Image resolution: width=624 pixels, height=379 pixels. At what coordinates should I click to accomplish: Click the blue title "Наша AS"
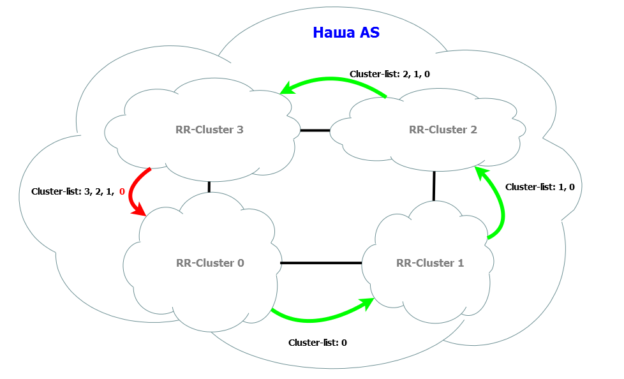click(346, 33)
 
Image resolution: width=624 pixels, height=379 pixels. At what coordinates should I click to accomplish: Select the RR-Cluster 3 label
click(209, 130)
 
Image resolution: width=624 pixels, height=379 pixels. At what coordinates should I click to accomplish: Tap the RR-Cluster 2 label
click(443, 130)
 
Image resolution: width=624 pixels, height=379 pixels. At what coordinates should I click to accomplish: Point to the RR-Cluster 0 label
click(210, 262)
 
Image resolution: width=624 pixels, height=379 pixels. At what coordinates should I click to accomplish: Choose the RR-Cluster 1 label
click(430, 262)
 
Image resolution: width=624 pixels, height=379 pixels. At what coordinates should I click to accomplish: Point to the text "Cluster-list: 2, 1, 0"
click(389, 74)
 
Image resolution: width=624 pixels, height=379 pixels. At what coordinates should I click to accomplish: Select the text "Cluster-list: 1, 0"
click(540, 187)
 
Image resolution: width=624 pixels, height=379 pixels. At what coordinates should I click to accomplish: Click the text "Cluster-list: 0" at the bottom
click(317, 343)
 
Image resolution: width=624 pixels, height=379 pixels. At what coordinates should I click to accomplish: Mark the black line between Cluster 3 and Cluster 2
click(315, 130)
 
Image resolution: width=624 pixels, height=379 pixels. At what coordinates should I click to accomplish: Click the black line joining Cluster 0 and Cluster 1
click(322, 262)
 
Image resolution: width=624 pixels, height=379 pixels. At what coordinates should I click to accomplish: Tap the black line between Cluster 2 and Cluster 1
click(434, 186)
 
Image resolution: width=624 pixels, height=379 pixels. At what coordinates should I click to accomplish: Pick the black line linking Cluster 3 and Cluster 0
click(209, 186)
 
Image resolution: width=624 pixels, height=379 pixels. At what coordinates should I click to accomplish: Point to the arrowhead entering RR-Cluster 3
click(288, 88)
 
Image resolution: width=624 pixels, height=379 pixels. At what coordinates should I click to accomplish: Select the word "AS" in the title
click(369, 33)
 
